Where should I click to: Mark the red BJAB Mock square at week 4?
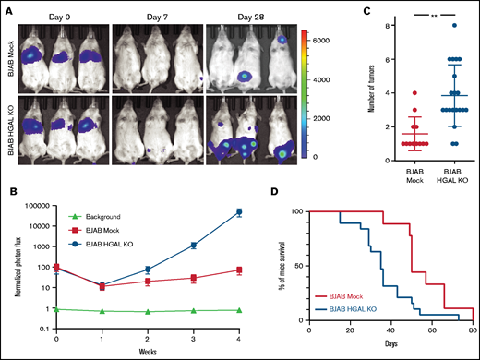[x=239, y=270]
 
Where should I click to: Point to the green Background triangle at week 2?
[x=148, y=311]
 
